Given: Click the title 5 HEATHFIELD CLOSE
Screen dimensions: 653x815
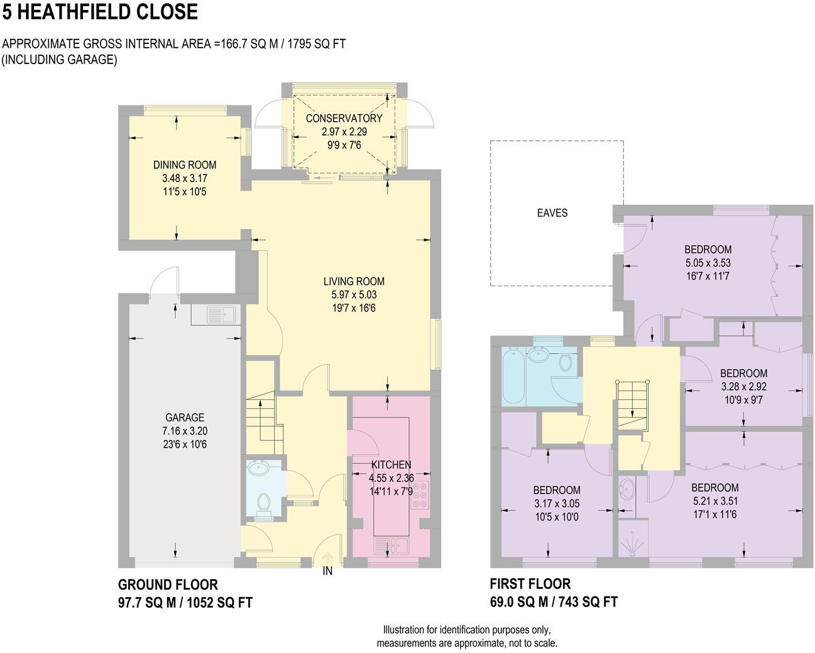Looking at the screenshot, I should pyautogui.click(x=100, y=11).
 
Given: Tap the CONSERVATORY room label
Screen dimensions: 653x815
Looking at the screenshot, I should pyautogui.click(x=344, y=118).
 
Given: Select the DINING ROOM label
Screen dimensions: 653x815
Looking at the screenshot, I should pyautogui.click(x=185, y=165).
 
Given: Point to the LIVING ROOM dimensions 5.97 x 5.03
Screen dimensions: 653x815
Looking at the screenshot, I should pyautogui.click(x=354, y=294).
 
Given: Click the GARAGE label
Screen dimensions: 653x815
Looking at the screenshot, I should pyautogui.click(x=185, y=418).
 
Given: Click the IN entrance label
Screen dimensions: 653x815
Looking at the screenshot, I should pyautogui.click(x=327, y=571).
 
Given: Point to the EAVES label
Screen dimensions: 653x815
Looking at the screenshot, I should pyautogui.click(x=552, y=213).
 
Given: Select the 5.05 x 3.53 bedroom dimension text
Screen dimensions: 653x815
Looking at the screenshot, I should pyautogui.click(x=708, y=263).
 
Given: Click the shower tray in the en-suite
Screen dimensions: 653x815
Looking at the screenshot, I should pyautogui.click(x=630, y=538).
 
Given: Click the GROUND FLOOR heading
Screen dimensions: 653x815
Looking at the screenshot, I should pyautogui.click(x=168, y=585).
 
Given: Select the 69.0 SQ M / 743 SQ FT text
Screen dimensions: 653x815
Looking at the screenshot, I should pyautogui.click(x=554, y=602).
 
